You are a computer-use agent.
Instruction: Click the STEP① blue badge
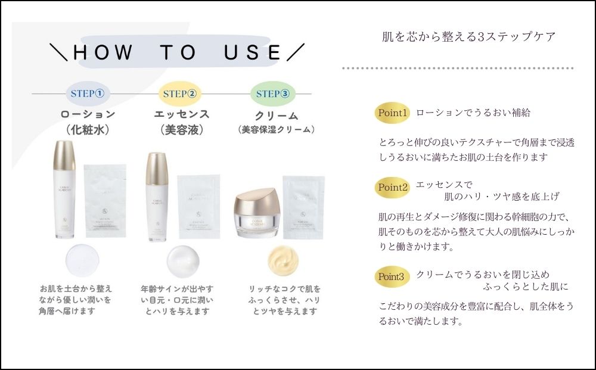point(87,94)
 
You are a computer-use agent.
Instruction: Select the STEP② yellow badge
point(180,94)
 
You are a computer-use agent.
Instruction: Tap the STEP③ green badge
point(273,94)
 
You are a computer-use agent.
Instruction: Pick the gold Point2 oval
point(392,187)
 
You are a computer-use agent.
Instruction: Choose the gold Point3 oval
point(392,276)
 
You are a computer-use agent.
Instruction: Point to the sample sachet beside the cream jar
point(303,206)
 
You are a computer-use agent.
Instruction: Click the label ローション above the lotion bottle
point(87,114)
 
